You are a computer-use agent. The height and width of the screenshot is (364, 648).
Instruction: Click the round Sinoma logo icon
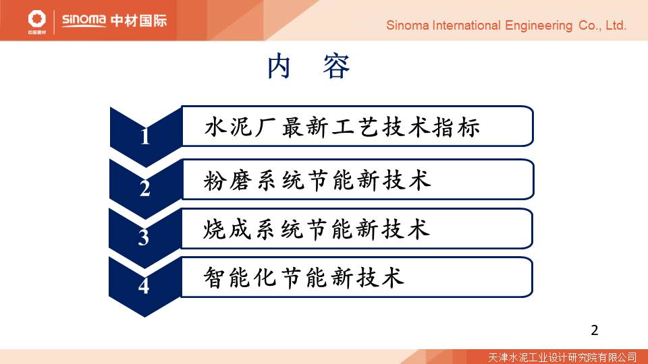coord(36,19)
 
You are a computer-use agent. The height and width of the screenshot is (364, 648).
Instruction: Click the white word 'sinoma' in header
coord(84,20)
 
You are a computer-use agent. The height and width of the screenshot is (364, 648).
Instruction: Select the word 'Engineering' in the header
coord(539,26)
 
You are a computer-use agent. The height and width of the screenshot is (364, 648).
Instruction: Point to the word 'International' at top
coord(466,26)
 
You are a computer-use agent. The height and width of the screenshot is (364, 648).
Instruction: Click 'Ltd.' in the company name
coord(616,26)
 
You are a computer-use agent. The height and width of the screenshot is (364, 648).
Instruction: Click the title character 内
coord(279,66)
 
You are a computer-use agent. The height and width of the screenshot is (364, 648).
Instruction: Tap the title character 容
coord(336,66)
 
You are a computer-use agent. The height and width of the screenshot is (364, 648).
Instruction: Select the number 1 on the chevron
coord(144,137)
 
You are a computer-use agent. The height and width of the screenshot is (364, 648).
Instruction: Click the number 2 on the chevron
coord(144,188)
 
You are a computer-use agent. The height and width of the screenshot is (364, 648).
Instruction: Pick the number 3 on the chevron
coord(143,237)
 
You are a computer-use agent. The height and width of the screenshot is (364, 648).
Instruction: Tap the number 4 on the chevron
coord(143,286)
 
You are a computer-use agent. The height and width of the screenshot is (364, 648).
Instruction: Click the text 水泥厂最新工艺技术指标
coord(342,127)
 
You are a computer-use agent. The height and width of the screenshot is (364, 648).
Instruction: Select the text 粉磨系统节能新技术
coord(317,181)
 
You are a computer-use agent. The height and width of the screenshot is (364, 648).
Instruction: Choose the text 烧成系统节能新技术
coord(316,229)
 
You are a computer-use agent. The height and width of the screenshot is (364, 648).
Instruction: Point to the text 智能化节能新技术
coord(304,277)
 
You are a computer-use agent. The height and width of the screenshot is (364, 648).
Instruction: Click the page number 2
coord(594,330)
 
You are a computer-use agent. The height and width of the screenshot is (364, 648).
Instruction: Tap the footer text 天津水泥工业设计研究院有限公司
coord(562,357)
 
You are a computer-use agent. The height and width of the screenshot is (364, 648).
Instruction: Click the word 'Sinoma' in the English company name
coord(408,26)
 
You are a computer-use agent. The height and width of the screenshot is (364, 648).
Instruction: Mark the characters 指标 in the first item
coord(457,127)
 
